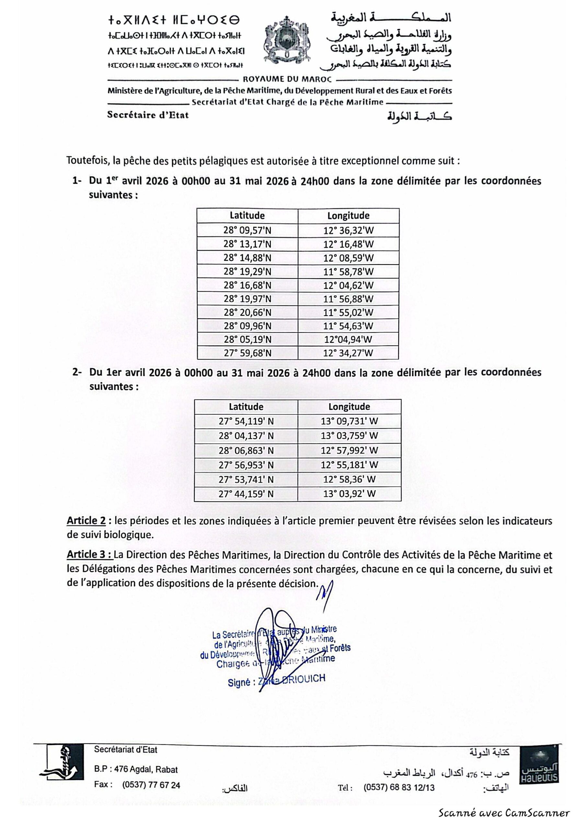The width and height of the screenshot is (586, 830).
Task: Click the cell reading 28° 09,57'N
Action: [x=247, y=230]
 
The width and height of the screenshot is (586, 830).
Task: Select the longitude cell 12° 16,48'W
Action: [x=348, y=244]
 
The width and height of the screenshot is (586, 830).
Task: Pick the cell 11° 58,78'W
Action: [x=348, y=271]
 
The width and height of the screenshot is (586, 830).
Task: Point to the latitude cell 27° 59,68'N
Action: [x=247, y=353]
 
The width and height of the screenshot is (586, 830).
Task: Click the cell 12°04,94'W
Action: [x=348, y=339]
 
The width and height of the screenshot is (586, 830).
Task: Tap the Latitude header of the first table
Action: [x=247, y=216]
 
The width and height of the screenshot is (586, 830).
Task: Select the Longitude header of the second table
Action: [x=349, y=407]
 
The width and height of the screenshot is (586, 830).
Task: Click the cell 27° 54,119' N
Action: [x=246, y=421]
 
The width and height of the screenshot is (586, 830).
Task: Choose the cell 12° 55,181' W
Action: [x=349, y=465]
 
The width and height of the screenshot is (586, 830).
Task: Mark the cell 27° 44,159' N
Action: [x=246, y=494]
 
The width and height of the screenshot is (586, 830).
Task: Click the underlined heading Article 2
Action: [x=86, y=521]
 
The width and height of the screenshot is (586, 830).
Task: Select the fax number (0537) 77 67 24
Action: [x=151, y=785]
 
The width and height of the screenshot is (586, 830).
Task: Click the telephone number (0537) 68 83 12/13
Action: [x=399, y=787]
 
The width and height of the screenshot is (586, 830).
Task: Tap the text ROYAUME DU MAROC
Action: [x=287, y=79]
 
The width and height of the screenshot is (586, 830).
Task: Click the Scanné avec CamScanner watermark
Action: [x=504, y=813]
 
